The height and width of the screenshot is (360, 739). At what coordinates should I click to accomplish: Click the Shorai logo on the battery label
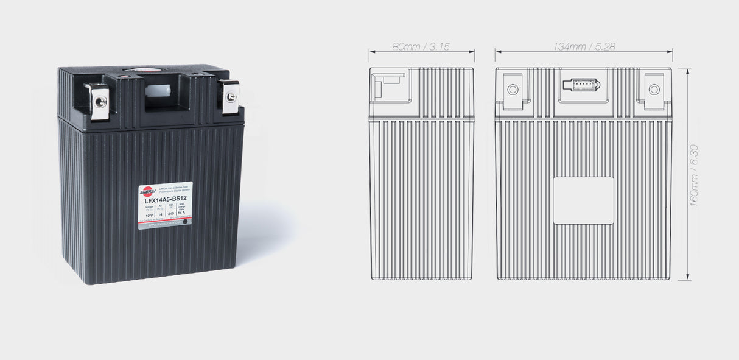pyautogui.click(x=147, y=191)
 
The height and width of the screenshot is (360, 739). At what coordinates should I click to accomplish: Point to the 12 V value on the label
pyautogui.click(x=141, y=215)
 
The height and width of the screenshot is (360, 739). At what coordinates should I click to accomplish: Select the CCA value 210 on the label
pyautogui.click(x=171, y=214)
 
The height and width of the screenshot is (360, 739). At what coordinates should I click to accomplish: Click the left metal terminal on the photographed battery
pyautogui.click(x=100, y=102)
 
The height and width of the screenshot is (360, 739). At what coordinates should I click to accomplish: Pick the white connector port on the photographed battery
pyautogui.click(x=157, y=91)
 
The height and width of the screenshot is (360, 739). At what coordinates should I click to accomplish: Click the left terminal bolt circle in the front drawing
pyautogui.click(x=513, y=90)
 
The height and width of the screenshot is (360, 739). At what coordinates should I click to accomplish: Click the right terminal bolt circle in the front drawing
pyautogui.click(x=654, y=90)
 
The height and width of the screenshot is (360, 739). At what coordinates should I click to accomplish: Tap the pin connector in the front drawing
pyautogui.click(x=581, y=85)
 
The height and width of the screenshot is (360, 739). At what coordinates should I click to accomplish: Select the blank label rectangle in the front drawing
pyautogui.click(x=583, y=200)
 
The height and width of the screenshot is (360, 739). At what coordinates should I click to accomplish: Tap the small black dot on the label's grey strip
pyautogui.click(x=185, y=223)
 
